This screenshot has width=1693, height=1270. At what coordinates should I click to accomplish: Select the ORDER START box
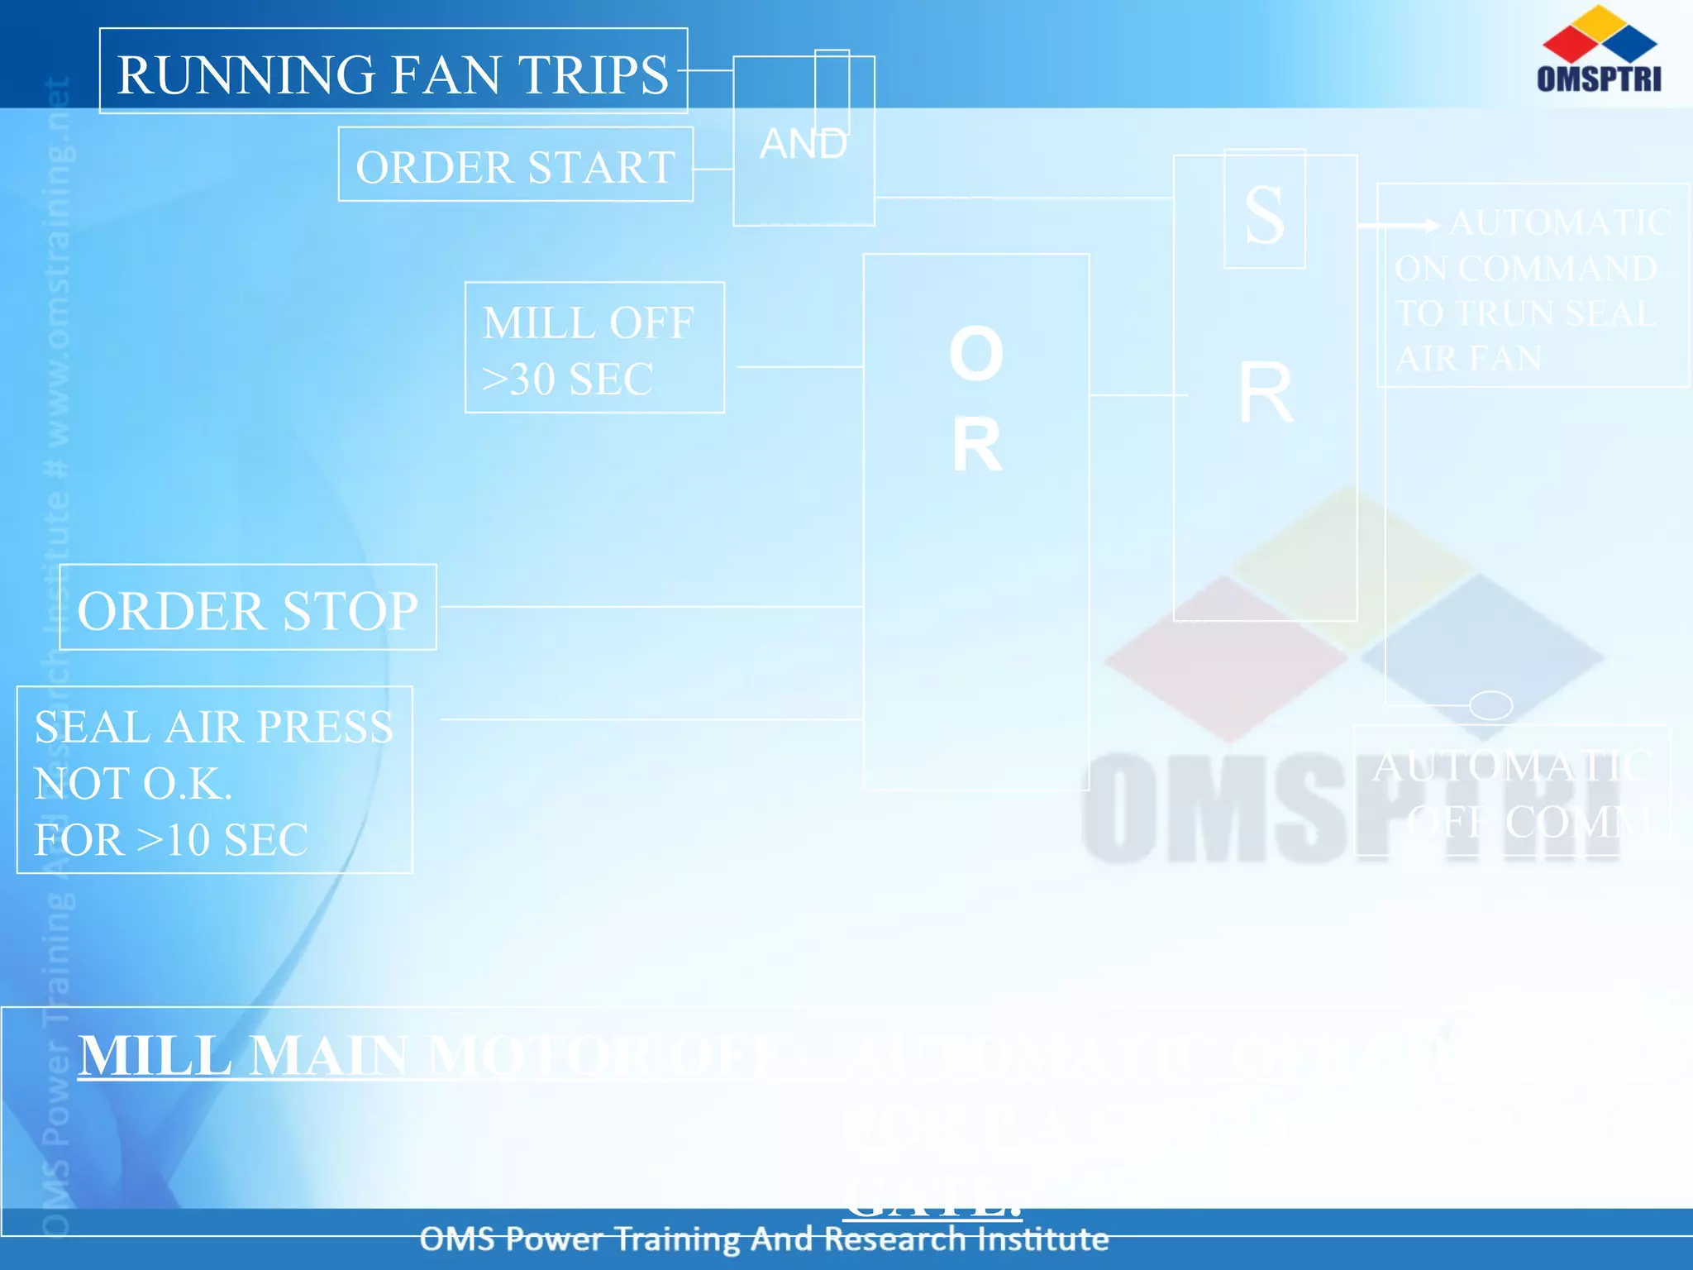pyautogui.click(x=515, y=165)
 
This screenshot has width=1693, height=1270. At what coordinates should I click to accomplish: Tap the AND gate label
pyautogui.click(x=803, y=144)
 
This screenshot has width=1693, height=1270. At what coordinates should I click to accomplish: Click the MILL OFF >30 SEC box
pyautogui.click(x=594, y=348)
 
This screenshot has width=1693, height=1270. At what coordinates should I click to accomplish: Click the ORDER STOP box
pyautogui.click(x=247, y=609)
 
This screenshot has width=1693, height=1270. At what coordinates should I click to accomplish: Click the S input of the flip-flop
pyautogui.click(x=1265, y=214)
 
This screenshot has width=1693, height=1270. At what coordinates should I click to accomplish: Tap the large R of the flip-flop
pyautogui.click(x=1265, y=394)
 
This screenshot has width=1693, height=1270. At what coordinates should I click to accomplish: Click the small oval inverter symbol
pyautogui.click(x=1490, y=705)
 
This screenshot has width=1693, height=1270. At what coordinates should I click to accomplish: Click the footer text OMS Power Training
pyautogui.click(x=595, y=1239)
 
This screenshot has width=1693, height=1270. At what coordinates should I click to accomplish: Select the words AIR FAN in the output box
pyautogui.click(x=1468, y=359)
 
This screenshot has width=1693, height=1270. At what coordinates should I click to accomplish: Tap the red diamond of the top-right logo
pyautogui.click(x=1569, y=41)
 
